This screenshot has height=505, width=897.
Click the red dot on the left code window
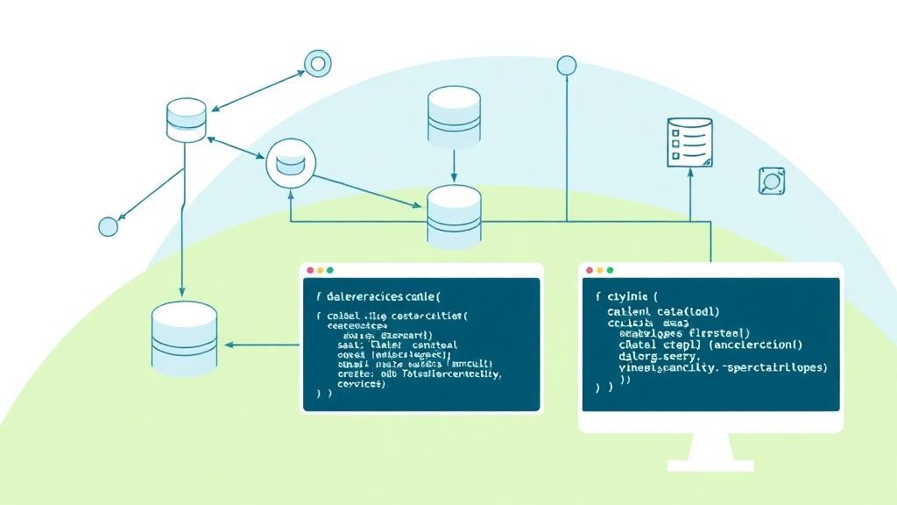(x=308, y=271)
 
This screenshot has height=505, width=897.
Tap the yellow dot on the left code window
(x=319, y=271)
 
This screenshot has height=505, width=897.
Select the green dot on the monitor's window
(x=611, y=270)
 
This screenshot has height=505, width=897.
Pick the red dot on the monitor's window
(x=590, y=270)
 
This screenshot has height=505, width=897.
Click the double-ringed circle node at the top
(x=315, y=62)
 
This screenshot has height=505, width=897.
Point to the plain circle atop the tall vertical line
(x=567, y=64)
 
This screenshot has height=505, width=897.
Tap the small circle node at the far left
(x=108, y=226)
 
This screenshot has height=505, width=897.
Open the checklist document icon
(x=689, y=142)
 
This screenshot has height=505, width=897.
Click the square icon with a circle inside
(x=771, y=181)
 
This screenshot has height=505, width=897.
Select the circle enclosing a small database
(x=289, y=163)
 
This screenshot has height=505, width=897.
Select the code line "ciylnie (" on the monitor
(x=625, y=296)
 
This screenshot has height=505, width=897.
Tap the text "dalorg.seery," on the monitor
(x=658, y=357)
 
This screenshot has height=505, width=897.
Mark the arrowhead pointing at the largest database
(x=231, y=345)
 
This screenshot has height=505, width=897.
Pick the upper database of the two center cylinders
(x=454, y=117)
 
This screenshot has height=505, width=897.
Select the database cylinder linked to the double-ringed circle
(x=187, y=120)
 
